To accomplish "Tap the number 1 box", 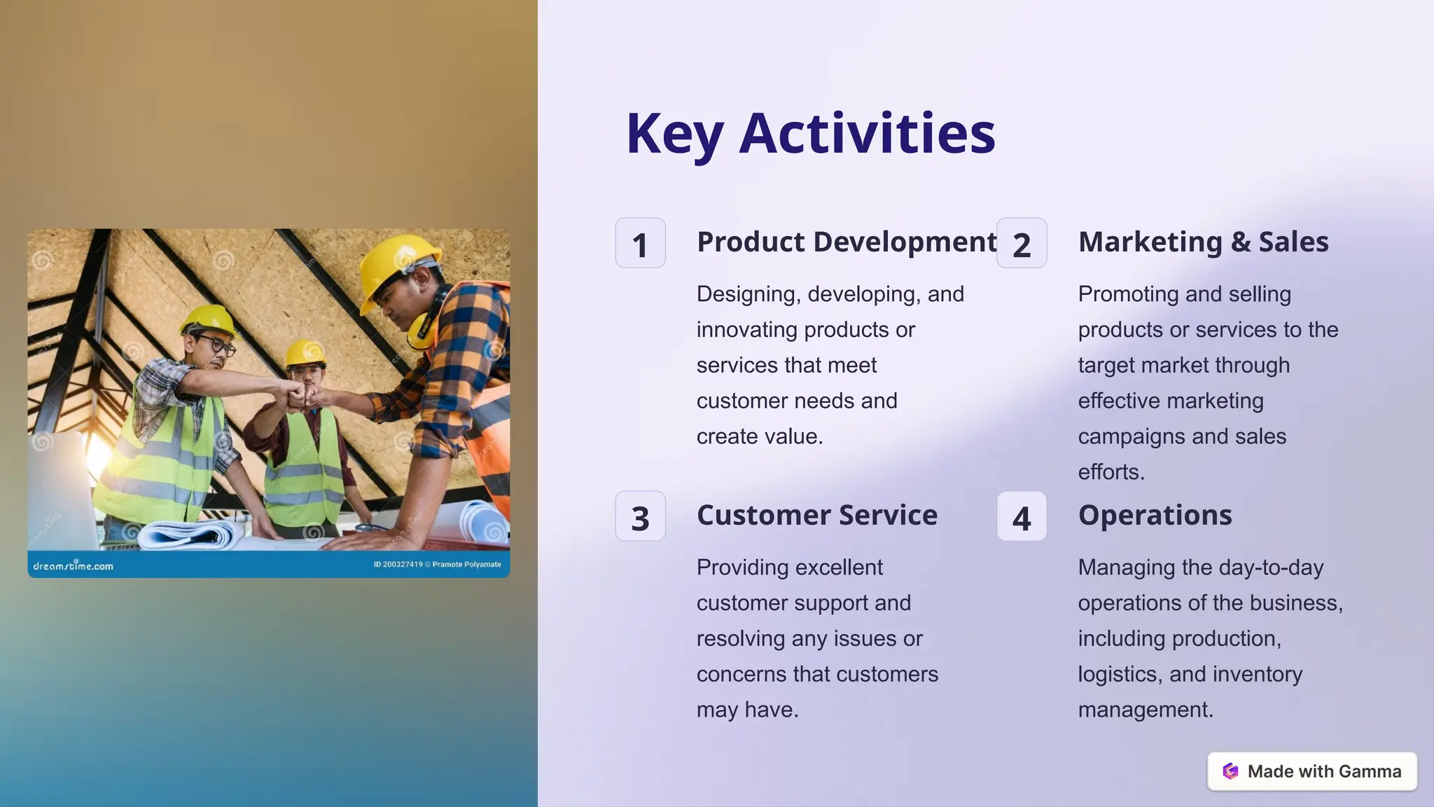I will [640, 243].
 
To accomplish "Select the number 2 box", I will [1022, 243].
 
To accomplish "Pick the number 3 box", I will [640, 517].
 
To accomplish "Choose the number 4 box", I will [1022, 517].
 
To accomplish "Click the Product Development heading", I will [846, 242].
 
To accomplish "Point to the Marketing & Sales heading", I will [1203, 242].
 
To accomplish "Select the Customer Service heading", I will [816, 515].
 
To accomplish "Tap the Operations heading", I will [1155, 515].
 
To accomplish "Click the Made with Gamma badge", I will [1312, 771].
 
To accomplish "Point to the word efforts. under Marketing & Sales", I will [1111, 472].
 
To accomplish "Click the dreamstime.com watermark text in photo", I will [73, 565].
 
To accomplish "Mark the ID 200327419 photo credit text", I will [398, 565].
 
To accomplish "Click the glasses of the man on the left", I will [216, 345].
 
